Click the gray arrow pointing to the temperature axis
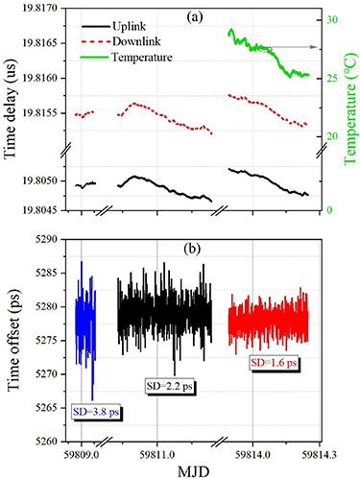(299, 46)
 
